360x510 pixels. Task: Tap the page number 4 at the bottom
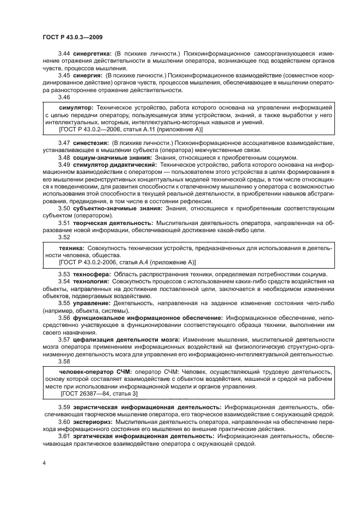pyautogui.click(x=44, y=463)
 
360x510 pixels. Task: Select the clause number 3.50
pyautogui.click(x=64, y=208)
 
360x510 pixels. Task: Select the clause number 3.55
pyautogui.click(x=64, y=302)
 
